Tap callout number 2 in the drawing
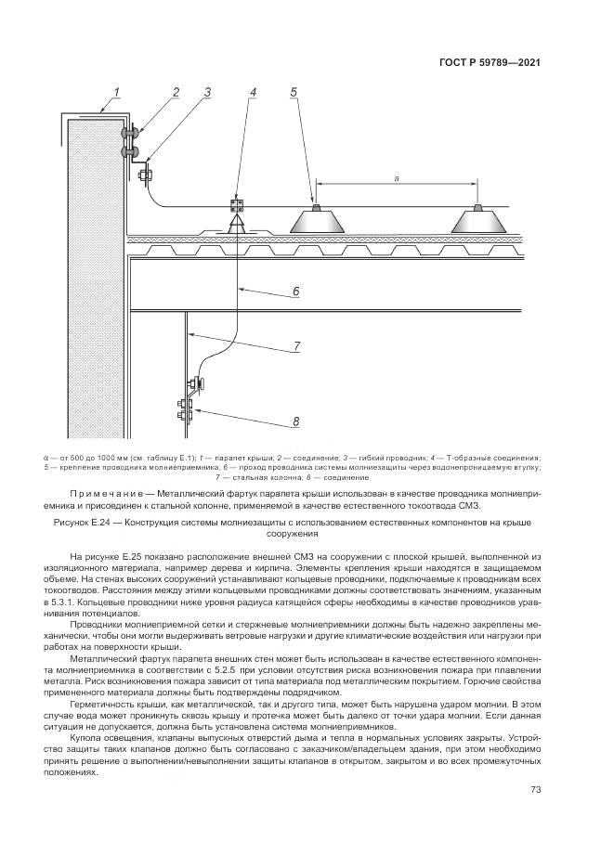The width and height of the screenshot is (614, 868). (x=174, y=92)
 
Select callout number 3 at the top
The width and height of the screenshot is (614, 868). (x=207, y=92)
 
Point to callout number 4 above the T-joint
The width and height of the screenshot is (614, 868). (x=253, y=92)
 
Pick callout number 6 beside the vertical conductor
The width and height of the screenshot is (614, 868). (x=295, y=291)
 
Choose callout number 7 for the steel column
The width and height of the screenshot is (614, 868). (x=295, y=346)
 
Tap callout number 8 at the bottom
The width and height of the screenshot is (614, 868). (x=295, y=421)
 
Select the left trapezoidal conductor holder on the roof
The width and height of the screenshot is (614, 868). (x=315, y=221)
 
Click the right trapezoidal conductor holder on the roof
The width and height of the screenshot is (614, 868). (x=479, y=221)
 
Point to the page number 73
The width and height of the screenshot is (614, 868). (x=535, y=790)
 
